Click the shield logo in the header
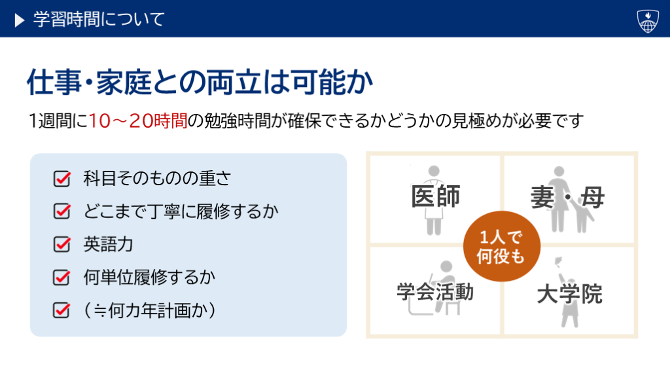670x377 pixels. point(648,21)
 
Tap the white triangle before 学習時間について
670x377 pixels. point(20,20)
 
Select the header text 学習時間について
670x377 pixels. point(99,20)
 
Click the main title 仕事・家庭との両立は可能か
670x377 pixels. point(200,82)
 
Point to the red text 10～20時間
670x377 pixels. point(138,121)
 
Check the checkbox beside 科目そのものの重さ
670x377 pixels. point(62,179)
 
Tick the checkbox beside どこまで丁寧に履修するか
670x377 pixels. point(62,211)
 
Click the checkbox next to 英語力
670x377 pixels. point(62,244)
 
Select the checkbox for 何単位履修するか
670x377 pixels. point(62,277)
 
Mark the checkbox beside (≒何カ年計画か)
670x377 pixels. point(62,310)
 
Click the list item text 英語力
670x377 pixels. point(109,244)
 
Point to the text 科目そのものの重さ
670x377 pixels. point(157,178)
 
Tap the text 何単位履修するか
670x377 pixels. point(150,277)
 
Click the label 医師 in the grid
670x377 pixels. point(435,196)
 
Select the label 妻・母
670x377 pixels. point(567,198)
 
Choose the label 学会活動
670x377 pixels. point(435,293)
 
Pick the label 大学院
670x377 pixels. point(570,294)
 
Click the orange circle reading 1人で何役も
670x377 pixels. point(502,246)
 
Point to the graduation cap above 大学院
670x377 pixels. point(557,260)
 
